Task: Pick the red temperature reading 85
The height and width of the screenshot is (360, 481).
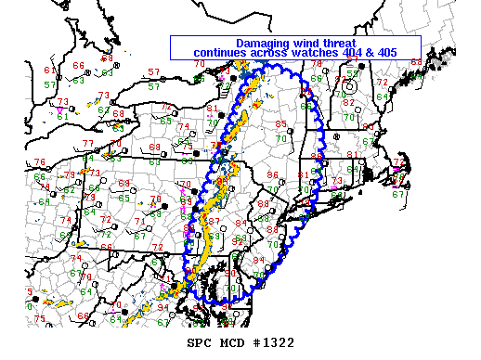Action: (280, 123)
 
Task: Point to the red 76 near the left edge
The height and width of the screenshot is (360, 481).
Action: (39, 162)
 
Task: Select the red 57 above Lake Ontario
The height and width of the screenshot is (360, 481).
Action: (153, 71)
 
